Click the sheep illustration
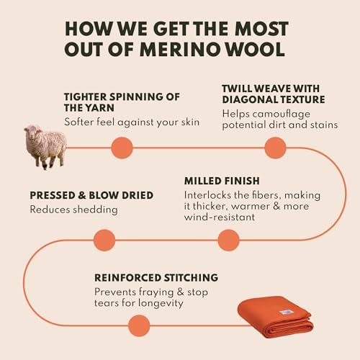(x=45, y=146)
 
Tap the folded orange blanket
(x=276, y=317)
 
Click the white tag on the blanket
(x=285, y=312)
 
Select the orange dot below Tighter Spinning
(x=122, y=148)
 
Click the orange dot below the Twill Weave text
(x=275, y=148)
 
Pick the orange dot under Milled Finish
(x=228, y=240)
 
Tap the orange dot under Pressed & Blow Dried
(x=104, y=240)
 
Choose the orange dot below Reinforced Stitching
(x=139, y=325)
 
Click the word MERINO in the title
(x=180, y=50)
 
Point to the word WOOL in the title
(x=256, y=50)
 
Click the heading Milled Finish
(x=222, y=181)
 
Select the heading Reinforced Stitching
(x=156, y=278)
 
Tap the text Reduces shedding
(x=73, y=210)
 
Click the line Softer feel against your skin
(x=132, y=122)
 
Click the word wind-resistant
(x=220, y=217)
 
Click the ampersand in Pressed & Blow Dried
(x=82, y=195)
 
